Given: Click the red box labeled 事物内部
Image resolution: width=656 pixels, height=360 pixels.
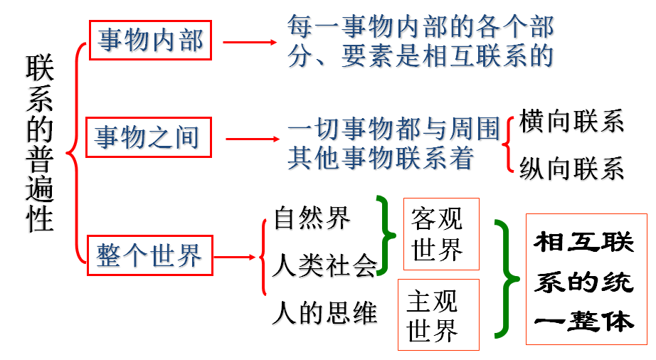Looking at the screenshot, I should (151, 41).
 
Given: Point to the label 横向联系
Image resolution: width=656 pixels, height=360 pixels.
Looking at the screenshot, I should (571, 122).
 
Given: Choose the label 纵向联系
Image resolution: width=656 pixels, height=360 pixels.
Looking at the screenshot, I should (571, 169).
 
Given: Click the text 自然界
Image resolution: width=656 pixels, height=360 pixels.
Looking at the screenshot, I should (312, 218).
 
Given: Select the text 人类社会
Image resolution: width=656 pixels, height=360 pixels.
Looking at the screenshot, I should (324, 267).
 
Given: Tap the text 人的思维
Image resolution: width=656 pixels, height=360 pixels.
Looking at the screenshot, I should (324, 313).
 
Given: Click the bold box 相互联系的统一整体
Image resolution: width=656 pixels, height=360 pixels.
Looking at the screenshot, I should (584, 280).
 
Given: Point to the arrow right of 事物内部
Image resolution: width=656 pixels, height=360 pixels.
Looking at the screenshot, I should (250, 42).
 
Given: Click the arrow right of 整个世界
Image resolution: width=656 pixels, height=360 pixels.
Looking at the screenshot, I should (236, 257).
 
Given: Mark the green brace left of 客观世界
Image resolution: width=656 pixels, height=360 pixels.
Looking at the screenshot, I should (388, 235).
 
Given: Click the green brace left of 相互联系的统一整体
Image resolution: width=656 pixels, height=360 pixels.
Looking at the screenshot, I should (504, 279).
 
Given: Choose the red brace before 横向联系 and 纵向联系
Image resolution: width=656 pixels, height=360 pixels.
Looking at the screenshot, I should (508, 144).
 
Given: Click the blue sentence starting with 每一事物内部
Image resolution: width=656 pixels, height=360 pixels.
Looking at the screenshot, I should (420, 42).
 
